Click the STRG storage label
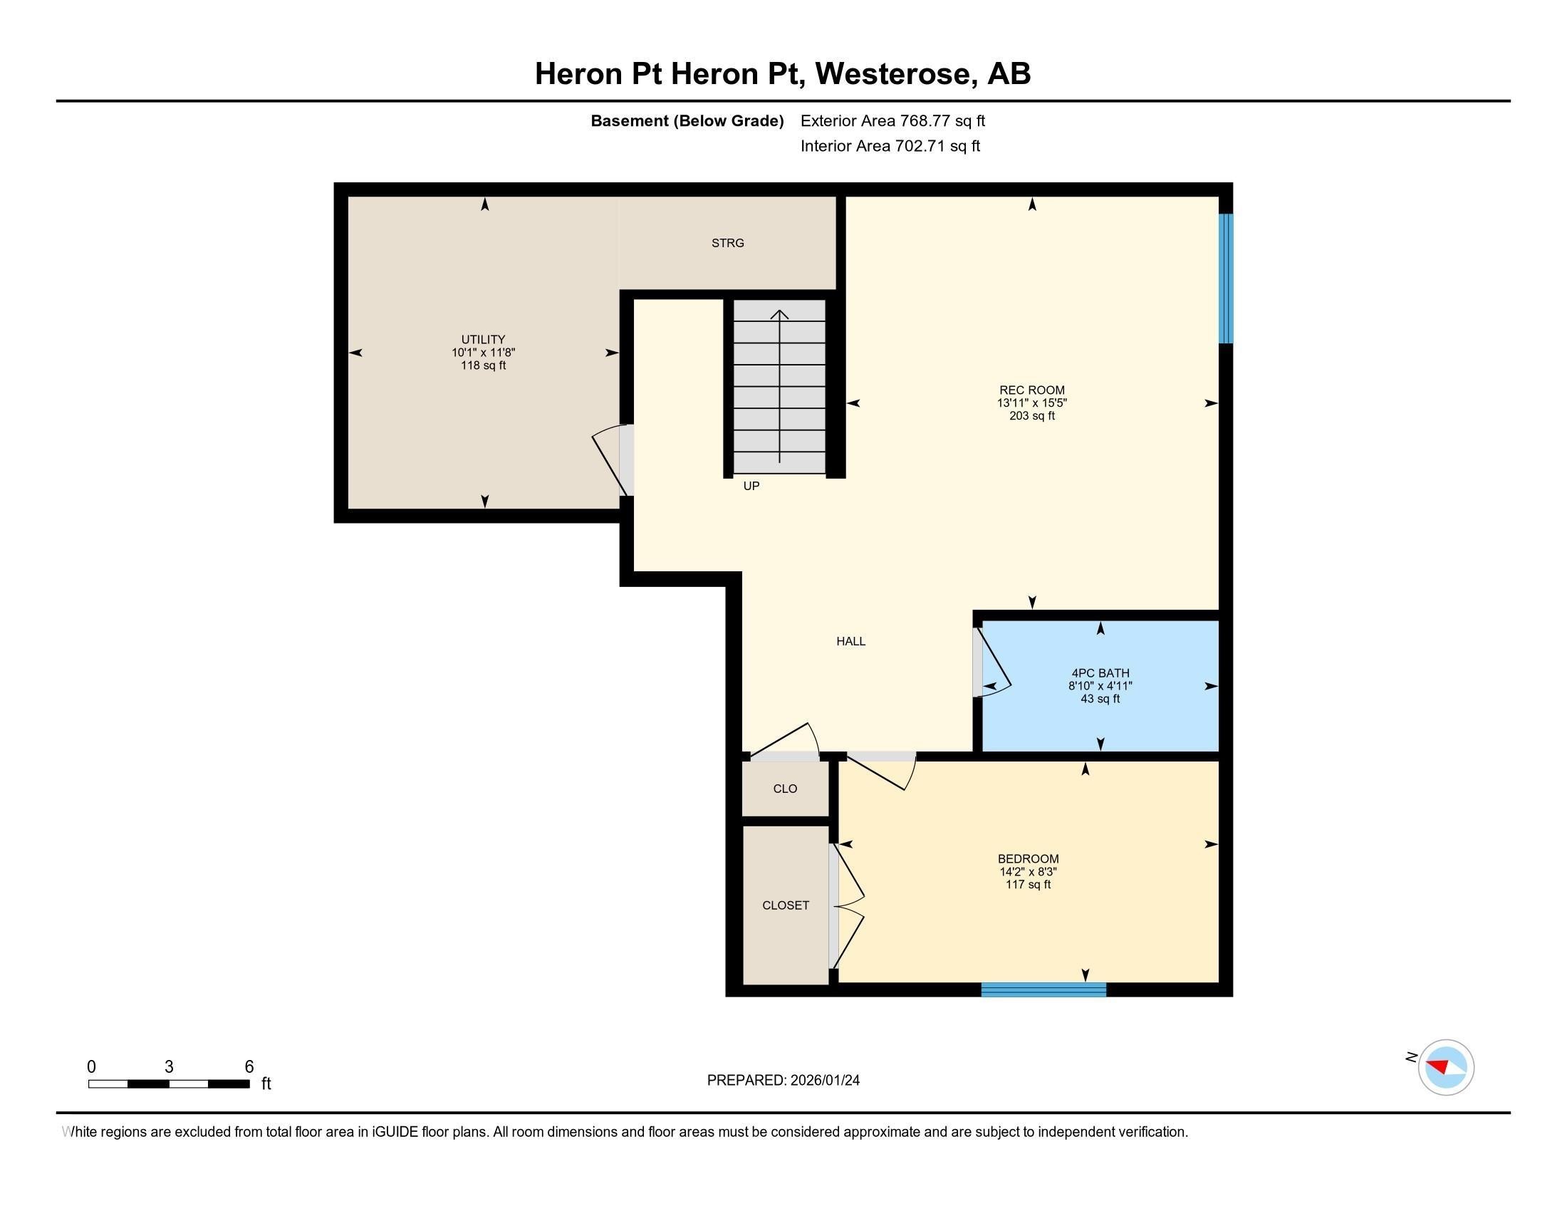click(x=727, y=243)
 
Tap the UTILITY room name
click(x=483, y=339)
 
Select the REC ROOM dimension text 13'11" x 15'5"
click(x=1032, y=403)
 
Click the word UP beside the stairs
click(x=751, y=487)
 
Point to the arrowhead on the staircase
click(x=780, y=314)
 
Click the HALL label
click(x=851, y=641)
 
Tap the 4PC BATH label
click(x=1100, y=673)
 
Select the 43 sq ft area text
click(x=1100, y=699)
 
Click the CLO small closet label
click(x=785, y=789)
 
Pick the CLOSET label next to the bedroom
click(x=786, y=905)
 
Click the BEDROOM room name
click(x=1028, y=859)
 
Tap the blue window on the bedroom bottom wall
click(x=1043, y=990)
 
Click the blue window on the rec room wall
click(x=1227, y=279)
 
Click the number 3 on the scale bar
click(x=169, y=1067)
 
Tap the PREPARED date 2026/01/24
click(x=823, y=1081)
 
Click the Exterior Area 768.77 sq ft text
click(x=892, y=121)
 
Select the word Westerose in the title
click(x=892, y=74)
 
